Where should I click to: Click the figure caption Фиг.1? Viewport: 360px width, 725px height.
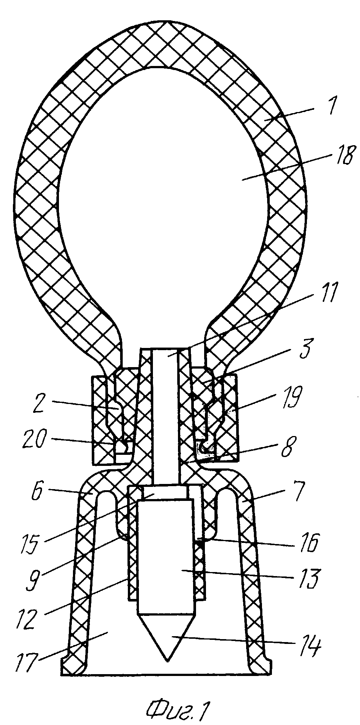tap(176, 707)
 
